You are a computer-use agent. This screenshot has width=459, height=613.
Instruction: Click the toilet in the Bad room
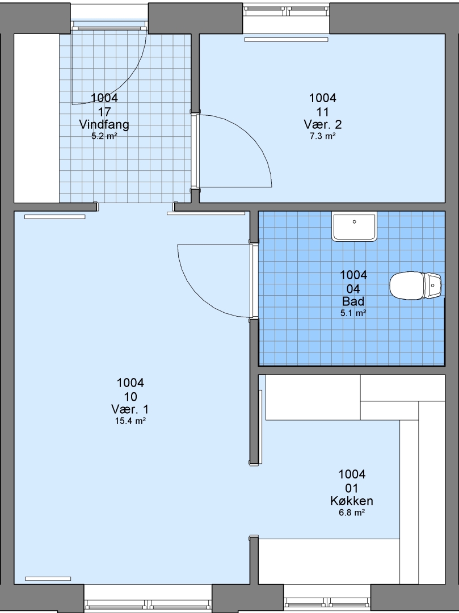pyautogui.click(x=416, y=285)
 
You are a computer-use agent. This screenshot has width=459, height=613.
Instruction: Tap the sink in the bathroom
pyautogui.click(x=354, y=226)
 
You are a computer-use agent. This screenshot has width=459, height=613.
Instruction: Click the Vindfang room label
pyautogui.click(x=104, y=124)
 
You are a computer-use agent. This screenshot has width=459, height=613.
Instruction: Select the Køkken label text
pyautogui.click(x=352, y=501)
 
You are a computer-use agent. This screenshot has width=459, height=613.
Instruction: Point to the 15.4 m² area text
pyautogui.click(x=130, y=421)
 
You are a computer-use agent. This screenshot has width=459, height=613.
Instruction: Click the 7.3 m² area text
pyautogui.click(x=323, y=136)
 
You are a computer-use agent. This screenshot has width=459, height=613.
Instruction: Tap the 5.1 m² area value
pyautogui.click(x=353, y=313)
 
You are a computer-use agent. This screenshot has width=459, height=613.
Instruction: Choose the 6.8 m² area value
pyautogui.click(x=352, y=512)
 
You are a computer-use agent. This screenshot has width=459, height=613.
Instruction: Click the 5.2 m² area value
pyautogui.click(x=104, y=136)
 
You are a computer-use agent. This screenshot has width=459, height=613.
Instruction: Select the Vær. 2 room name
pyautogui.click(x=323, y=124)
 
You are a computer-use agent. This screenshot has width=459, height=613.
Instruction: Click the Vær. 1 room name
pyautogui.click(x=130, y=409)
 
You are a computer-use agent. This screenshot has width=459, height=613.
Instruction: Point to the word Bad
pyautogui.click(x=353, y=301)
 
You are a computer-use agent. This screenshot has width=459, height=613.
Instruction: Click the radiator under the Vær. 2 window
pyautogui.click(x=287, y=40)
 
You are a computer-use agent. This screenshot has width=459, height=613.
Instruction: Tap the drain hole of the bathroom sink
pyautogui.click(x=354, y=222)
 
